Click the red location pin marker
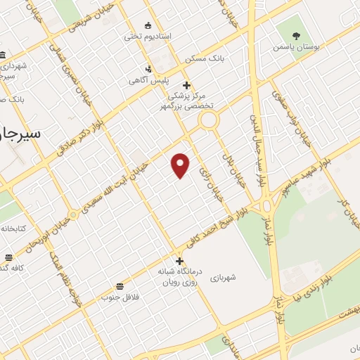[181, 165]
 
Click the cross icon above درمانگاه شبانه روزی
[180, 261]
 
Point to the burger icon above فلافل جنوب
[120, 286]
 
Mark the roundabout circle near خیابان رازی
[208, 121]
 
